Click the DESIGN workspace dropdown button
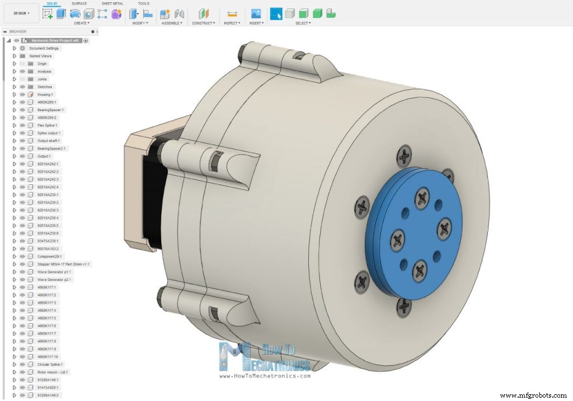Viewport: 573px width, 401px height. (x=21, y=13)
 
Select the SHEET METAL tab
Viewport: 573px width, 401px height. (x=112, y=3)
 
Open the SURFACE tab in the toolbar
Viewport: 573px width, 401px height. (x=79, y=3)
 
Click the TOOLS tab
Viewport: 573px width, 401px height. (x=143, y=3)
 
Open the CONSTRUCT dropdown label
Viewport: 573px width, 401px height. (x=203, y=23)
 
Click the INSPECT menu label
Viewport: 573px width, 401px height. (x=232, y=23)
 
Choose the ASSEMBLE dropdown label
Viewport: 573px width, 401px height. (x=171, y=23)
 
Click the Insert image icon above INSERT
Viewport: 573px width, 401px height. (x=256, y=14)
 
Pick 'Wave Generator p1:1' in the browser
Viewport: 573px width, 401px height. (x=54, y=271)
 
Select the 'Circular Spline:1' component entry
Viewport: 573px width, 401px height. (x=50, y=364)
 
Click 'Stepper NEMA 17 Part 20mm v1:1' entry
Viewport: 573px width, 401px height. (x=63, y=264)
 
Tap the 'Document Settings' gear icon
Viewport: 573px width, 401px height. (x=22, y=48)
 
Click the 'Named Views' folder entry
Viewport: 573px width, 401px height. (x=40, y=56)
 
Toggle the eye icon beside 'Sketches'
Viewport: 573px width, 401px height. (x=22, y=87)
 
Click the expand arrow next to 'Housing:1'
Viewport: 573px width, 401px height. (x=15, y=94)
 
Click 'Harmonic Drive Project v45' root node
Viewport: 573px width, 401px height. (x=56, y=41)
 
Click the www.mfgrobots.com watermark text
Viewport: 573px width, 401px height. (x=534, y=395)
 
